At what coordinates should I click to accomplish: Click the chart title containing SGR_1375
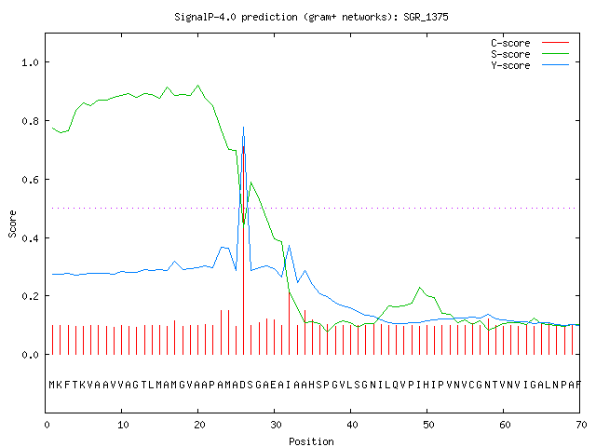[311, 17]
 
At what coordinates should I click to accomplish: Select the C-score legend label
[510, 43]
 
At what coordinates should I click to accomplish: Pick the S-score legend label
[510, 54]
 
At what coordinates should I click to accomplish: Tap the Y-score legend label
[510, 65]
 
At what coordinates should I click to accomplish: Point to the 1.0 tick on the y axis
[31, 62]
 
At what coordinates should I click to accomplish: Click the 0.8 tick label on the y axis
[31, 121]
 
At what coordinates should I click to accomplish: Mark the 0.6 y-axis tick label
[31, 180]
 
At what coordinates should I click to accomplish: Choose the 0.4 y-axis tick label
[31, 238]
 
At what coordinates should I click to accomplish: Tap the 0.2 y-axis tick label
[31, 296]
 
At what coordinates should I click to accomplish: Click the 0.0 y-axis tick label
[31, 355]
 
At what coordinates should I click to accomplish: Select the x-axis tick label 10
[123, 425]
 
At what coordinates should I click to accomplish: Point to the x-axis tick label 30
[276, 425]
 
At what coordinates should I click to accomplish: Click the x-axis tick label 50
[428, 425]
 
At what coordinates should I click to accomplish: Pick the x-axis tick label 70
[581, 425]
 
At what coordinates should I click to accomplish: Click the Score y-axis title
[12, 224]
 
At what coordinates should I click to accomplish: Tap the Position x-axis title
[311, 441]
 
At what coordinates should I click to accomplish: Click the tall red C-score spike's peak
[244, 146]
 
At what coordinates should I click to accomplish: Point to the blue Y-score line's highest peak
[244, 128]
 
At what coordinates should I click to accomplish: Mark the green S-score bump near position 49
[420, 288]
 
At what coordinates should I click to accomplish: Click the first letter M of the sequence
[52, 385]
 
